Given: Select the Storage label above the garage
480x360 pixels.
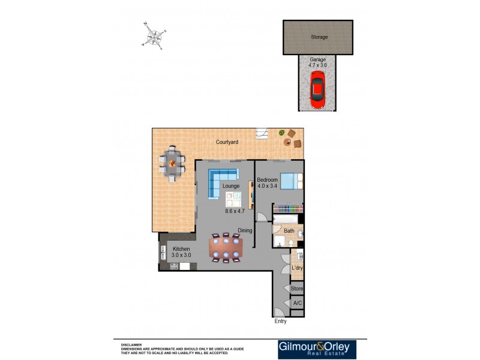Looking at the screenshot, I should point(319,37).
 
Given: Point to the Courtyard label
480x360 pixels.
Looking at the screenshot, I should point(227,142).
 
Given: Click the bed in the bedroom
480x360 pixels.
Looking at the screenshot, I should point(292,181).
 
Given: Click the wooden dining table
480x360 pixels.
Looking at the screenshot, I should point(226,247).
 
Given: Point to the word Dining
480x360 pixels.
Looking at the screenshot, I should point(244,230).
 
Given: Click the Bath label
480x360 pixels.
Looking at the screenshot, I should point(289,231).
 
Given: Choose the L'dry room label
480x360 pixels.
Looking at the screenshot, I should point(296,268).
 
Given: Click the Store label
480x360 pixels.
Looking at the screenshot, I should point(297,289).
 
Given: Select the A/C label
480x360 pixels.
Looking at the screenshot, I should point(297,304).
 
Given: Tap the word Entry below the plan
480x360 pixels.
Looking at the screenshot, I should point(280,322).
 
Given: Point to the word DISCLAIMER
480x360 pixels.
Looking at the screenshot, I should point(131,345).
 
